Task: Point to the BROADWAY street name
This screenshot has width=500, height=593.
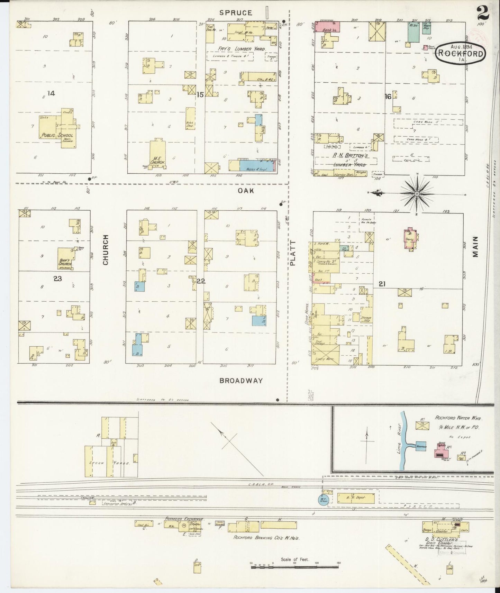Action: pos(241,381)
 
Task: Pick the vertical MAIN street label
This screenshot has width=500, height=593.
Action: pos(475,246)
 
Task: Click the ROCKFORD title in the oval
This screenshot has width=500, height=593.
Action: pos(460,53)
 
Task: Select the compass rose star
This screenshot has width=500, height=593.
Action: pos(417,194)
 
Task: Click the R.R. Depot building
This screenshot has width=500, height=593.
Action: pos(355,498)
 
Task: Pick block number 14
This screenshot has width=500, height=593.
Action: pos(51,93)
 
